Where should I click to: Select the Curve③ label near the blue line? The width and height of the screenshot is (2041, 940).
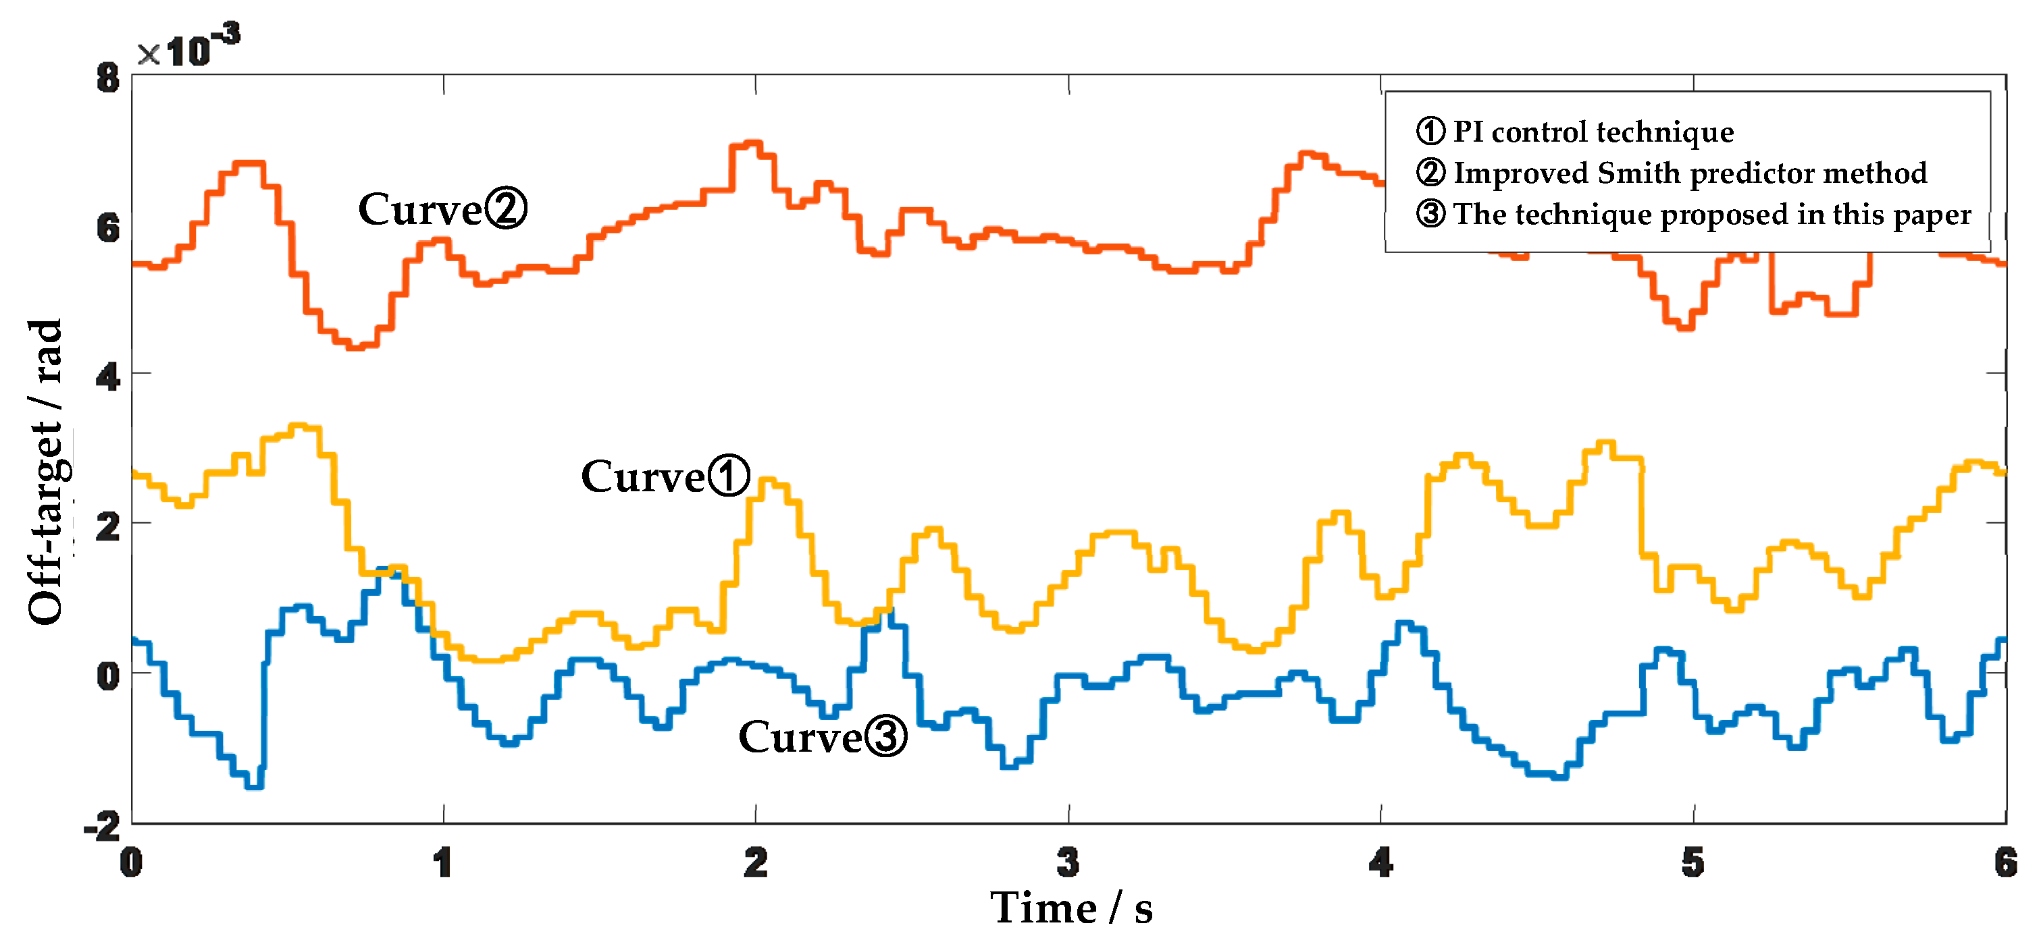pyautogui.click(x=822, y=736)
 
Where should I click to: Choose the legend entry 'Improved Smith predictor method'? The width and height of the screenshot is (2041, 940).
pyautogui.click(x=1672, y=173)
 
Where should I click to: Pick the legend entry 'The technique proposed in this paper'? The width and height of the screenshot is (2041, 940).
pyautogui.click(x=1693, y=215)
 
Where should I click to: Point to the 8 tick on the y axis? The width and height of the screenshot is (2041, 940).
pyautogui.click(x=108, y=78)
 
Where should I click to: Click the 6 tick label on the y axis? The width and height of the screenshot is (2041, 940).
pyautogui.click(x=108, y=228)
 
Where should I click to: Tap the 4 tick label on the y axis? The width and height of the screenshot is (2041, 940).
pyautogui.click(x=108, y=377)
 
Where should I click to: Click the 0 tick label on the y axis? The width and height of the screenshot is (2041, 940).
pyautogui.click(x=108, y=675)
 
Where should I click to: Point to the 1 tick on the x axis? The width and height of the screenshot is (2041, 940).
pyautogui.click(x=443, y=862)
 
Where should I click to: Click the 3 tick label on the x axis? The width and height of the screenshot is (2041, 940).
pyautogui.click(x=1068, y=862)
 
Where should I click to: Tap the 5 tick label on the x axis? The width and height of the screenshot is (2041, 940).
pyautogui.click(x=1693, y=862)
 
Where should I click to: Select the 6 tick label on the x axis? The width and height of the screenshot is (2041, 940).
pyautogui.click(x=2005, y=862)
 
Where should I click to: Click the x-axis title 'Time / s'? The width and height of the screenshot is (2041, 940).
pyautogui.click(x=1071, y=908)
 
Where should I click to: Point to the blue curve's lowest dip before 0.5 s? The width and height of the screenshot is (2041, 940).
pyautogui.click(x=253, y=785)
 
